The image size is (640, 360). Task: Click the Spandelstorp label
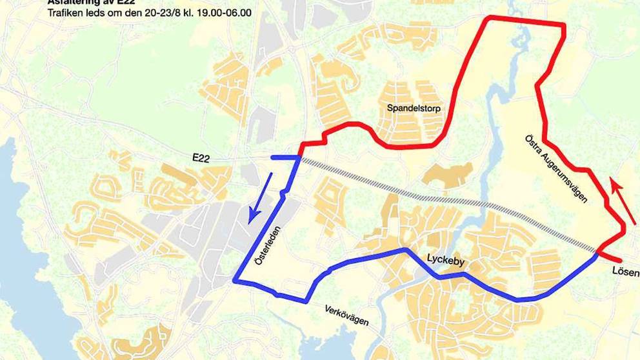tap(414, 108)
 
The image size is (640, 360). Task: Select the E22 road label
tap(202, 157)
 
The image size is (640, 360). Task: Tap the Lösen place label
tap(625, 273)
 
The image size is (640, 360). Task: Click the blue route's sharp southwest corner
tap(235, 279)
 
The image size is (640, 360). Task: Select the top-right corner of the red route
tap(565, 26)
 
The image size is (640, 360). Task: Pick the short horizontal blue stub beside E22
tap(284, 157)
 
